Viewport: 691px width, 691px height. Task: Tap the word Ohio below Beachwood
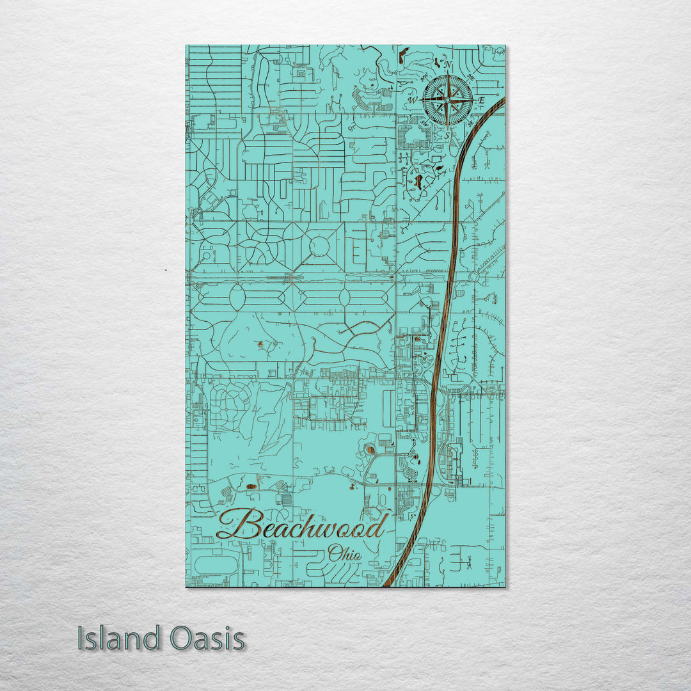point(344,553)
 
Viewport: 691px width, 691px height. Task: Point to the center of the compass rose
point(448,100)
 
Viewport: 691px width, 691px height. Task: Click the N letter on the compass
point(448,65)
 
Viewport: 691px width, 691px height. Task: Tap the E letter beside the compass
point(482,100)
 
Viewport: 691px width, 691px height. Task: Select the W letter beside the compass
point(413,100)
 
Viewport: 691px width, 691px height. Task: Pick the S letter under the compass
point(447,135)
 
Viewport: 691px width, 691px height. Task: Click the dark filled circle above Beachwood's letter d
point(370,450)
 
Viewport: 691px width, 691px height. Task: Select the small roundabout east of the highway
point(474,276)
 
